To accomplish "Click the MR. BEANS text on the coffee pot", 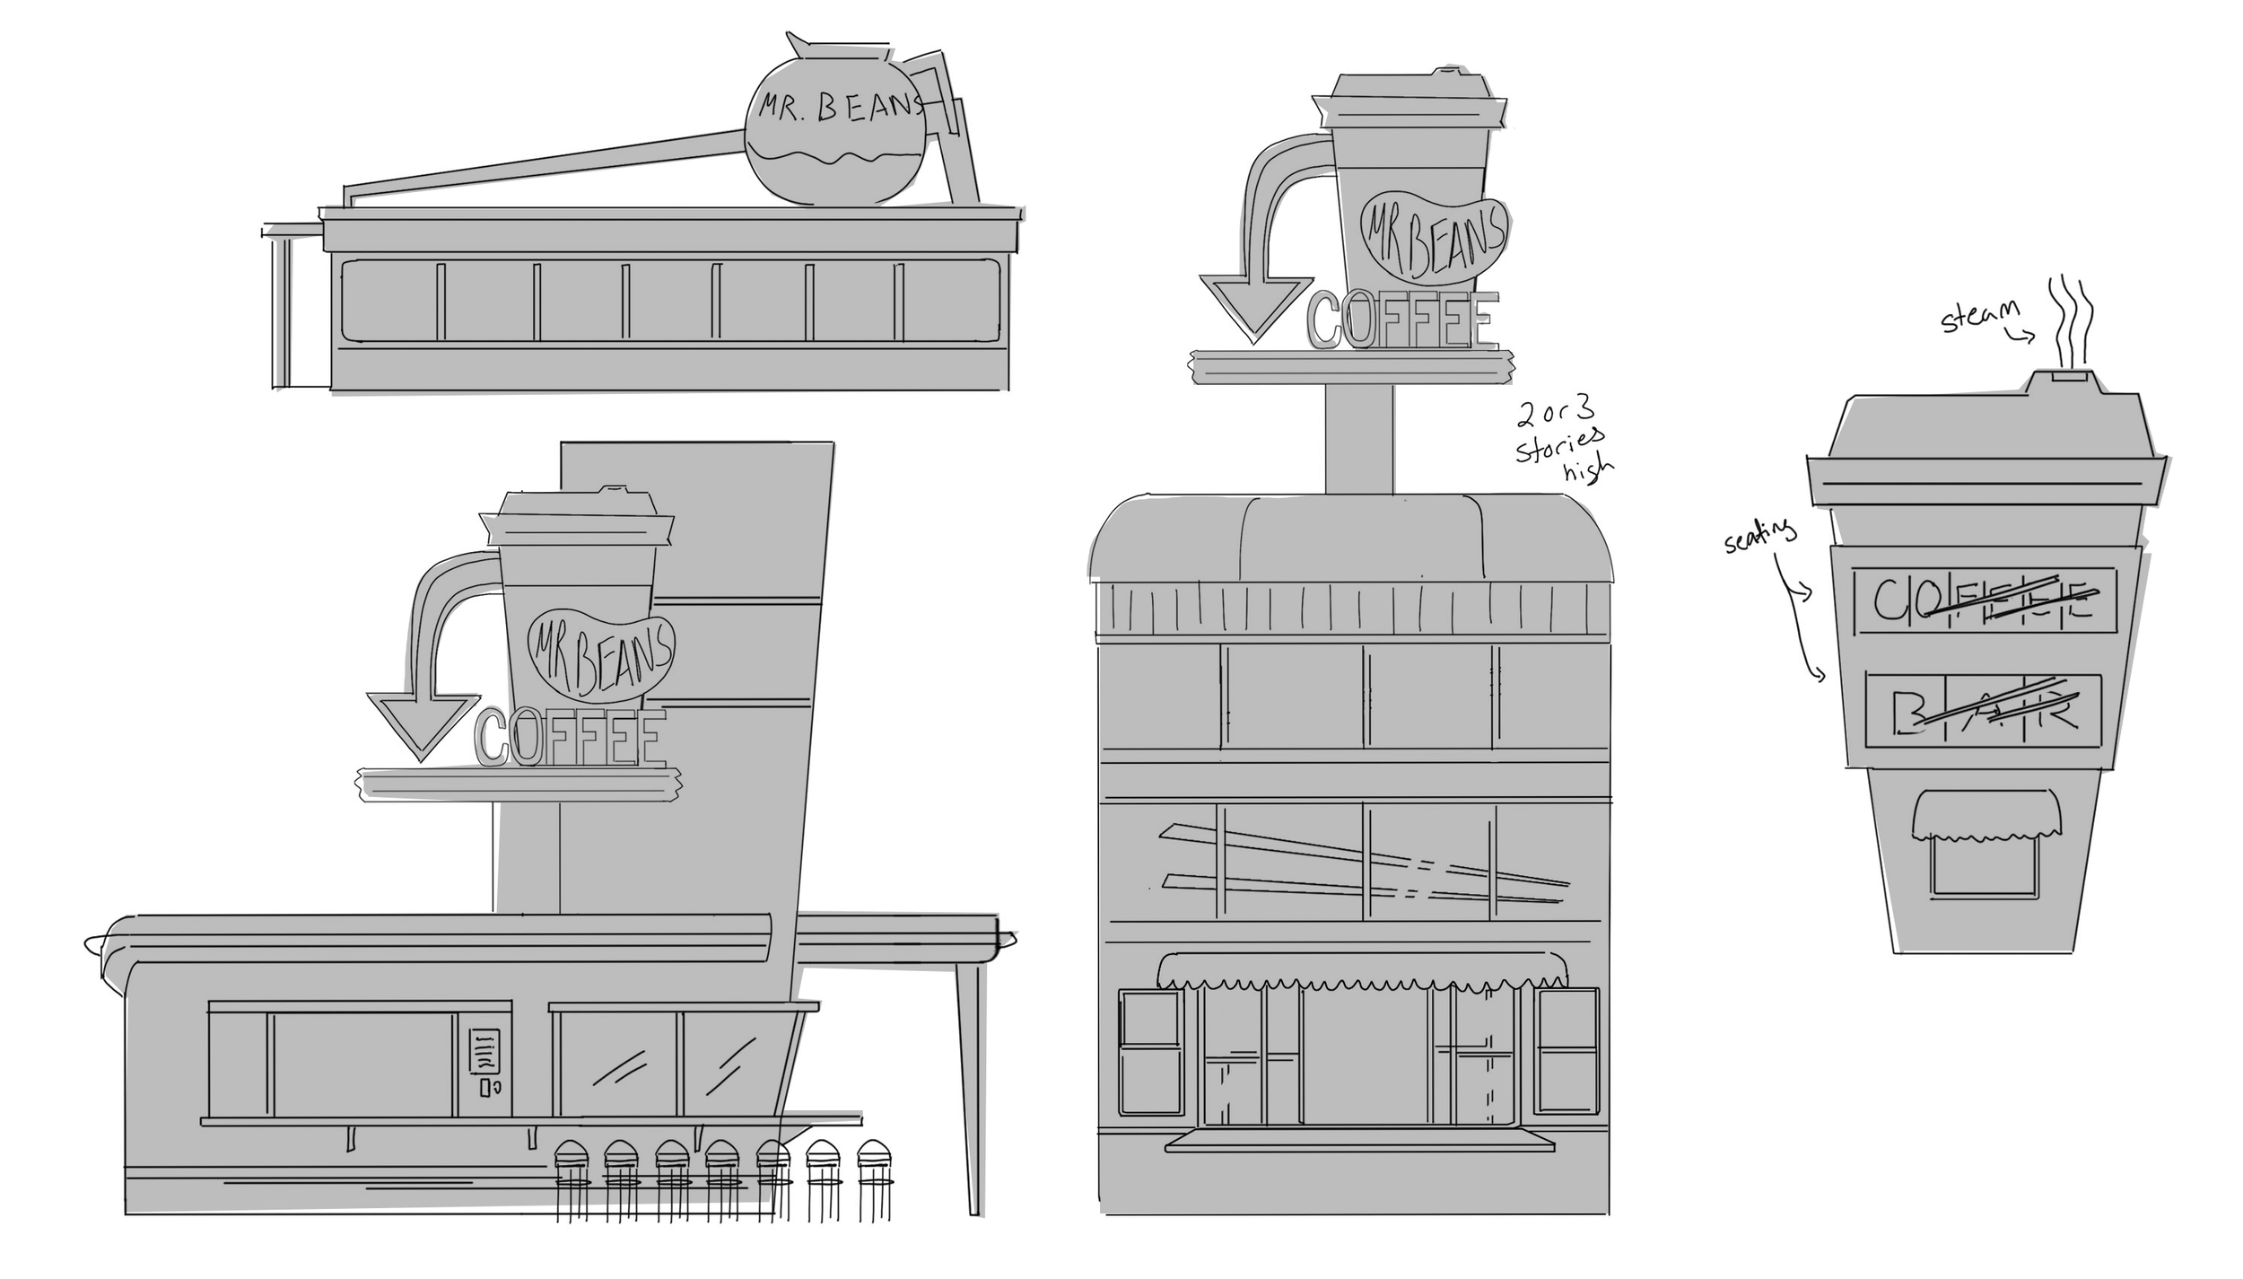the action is click(x=838, y=107).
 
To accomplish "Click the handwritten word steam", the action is click(x=1978, y=315).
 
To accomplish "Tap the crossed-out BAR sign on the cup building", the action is click(x=1983, y=710).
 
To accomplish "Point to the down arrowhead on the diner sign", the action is click(x=422, y=723).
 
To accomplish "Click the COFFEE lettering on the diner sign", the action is click(x=571, y=738).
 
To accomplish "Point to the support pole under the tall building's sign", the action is click(x=1359, y=440).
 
